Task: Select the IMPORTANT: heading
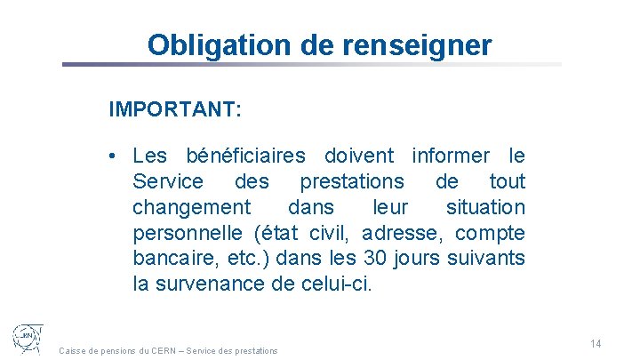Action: pos(174,110)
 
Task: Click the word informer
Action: pos(451,156)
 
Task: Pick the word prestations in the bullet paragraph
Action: pos(352,182)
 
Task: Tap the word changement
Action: pos(192,208)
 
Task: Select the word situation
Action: pos(484,208)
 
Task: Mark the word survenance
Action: pos(218,285)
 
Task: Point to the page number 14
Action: pos(596,344)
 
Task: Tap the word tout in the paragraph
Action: pos(508,182)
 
